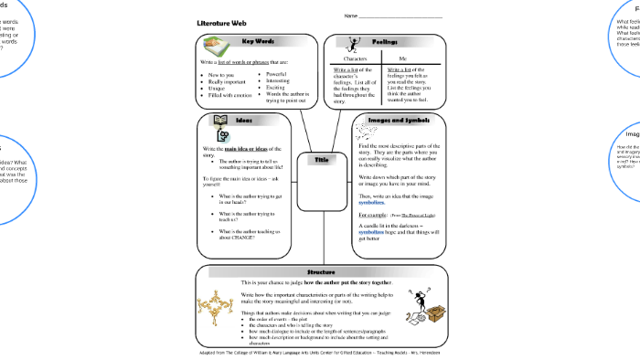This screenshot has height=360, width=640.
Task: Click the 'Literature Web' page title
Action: click(221, 23)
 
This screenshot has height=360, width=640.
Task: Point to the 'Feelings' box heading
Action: click(385, 41)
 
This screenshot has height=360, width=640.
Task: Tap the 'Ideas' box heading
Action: click(244, 120)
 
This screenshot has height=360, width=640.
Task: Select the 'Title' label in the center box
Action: click(321, 160)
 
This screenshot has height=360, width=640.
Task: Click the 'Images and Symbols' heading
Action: click(399, 120)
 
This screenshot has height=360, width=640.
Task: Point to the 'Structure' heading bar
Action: click(321, 272)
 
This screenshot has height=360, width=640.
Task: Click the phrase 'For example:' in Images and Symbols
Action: click(373, 214)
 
